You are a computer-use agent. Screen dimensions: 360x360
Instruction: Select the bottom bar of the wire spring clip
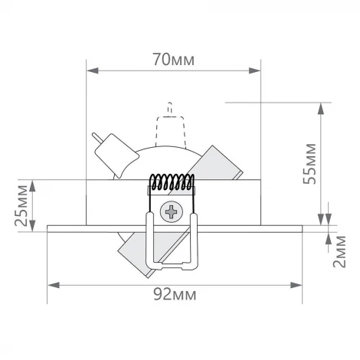(x=170, y=267)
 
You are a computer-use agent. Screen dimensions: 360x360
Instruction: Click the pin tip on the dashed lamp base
(x=170, y=105)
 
